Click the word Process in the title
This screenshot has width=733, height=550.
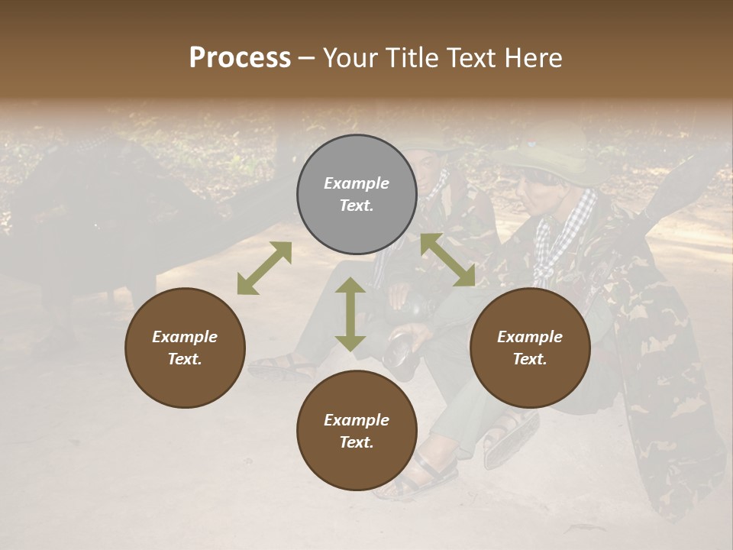click(x=240, y=58)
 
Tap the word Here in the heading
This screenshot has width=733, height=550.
click(x=533, y=58)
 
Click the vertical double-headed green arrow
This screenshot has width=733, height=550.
click(x=350, y=314)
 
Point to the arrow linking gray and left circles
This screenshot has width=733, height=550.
click(x=264, y=267)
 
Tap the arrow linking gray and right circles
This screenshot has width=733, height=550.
click(x=447, y=260)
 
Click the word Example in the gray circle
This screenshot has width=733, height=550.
click(x=357, y=183)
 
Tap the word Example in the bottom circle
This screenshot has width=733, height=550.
click(x=357, y=420)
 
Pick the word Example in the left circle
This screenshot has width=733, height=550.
click(x=185, y=337)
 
